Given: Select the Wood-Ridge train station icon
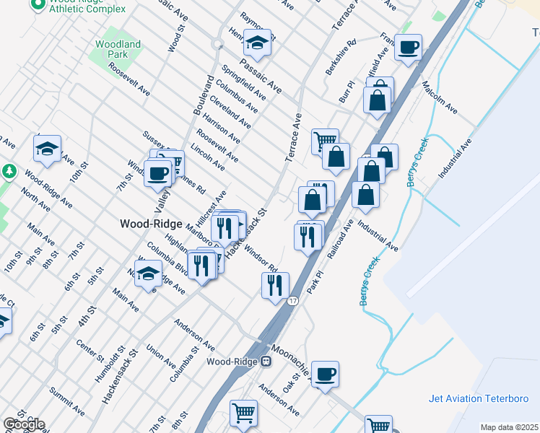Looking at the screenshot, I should point(266,362).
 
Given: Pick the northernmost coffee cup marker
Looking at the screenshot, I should point(409,47).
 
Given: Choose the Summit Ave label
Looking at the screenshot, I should point(66,402).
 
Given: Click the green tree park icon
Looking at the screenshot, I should point(9,172).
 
